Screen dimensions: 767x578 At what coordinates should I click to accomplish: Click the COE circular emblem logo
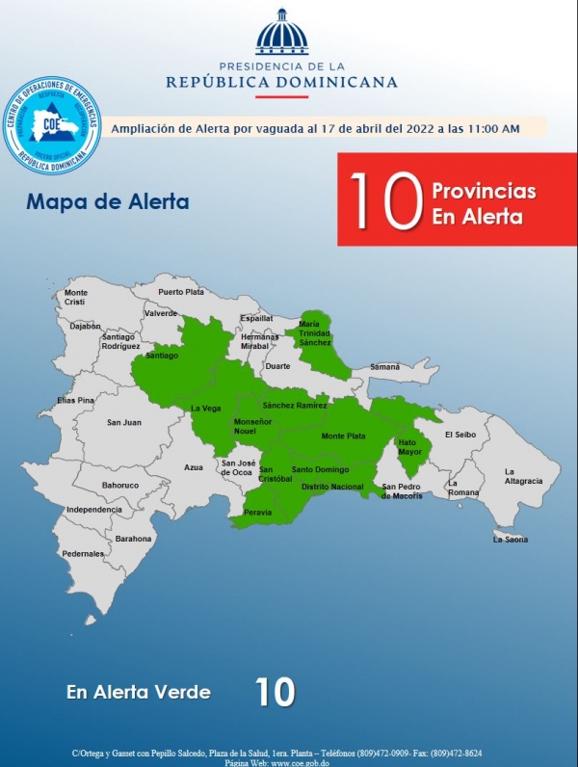pos(52,125)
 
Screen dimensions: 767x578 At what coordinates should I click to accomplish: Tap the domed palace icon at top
pos(282,34)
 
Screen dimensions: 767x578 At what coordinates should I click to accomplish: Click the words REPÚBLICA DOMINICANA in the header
pos(281,82)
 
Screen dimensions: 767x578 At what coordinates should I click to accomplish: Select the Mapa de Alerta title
pos(108,203)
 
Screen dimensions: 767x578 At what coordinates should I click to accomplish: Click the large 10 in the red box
pos(385,200)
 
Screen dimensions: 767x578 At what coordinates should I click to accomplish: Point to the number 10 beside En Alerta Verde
pos(275,692)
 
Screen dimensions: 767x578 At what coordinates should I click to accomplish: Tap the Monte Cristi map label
pos(76,297)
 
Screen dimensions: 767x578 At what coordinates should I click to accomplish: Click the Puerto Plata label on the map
pos(181,291)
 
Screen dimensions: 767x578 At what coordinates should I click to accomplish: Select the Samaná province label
pos(384,367)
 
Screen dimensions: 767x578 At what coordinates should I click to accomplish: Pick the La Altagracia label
pos(524,476)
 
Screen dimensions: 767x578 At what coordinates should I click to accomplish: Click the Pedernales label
pos(83,553)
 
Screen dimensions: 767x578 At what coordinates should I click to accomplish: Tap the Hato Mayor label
pos(410,447)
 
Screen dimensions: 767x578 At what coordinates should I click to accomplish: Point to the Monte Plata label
pos(343,436)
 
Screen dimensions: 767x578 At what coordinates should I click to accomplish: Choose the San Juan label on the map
pos(123,422)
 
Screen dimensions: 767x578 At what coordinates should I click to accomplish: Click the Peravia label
pos(258,513)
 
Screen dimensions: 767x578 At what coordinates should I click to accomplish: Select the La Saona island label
pos(510,539)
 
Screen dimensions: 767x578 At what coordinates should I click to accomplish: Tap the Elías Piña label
pos(76,399)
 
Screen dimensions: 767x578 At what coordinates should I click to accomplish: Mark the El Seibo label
pos(460,435)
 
